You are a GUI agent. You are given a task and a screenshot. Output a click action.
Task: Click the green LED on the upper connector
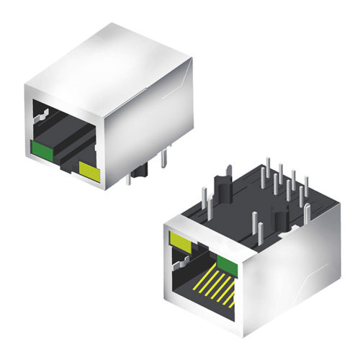tap(41, 150)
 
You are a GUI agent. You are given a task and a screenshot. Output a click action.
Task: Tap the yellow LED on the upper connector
tap(89, 171)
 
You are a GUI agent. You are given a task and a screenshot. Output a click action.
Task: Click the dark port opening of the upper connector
tap(65, 140)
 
